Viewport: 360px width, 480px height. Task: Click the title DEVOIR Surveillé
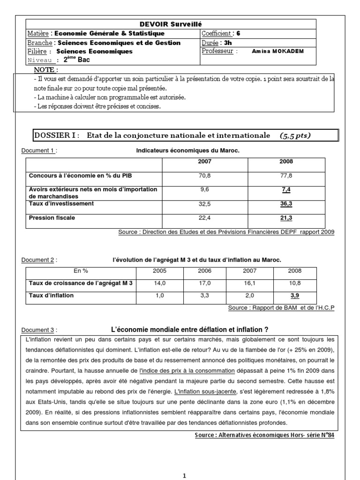171,24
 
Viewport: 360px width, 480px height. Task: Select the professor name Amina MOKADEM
278,51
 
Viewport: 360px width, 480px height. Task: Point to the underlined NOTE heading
46,70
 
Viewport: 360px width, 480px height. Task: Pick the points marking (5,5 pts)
295,135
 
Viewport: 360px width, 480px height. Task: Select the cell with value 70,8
205,175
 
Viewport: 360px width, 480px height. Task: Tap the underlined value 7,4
286,189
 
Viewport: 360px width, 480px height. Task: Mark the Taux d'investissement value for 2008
286,204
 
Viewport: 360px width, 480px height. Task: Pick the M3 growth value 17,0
204,283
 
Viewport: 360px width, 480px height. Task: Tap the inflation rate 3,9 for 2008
295,296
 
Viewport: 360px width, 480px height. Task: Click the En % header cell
81,271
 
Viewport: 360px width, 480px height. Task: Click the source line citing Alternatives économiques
264,435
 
